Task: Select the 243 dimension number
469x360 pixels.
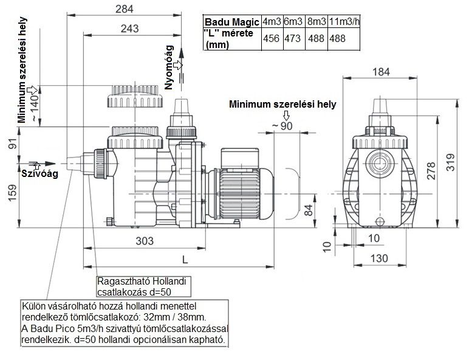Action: (129, 28)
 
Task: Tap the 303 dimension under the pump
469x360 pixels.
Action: (143, 241)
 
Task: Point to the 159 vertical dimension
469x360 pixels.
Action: (12, 195)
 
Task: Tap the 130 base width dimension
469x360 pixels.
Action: (378, 258)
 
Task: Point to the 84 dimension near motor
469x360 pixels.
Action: (308, 210)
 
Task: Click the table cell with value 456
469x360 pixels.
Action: (270, 38)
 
